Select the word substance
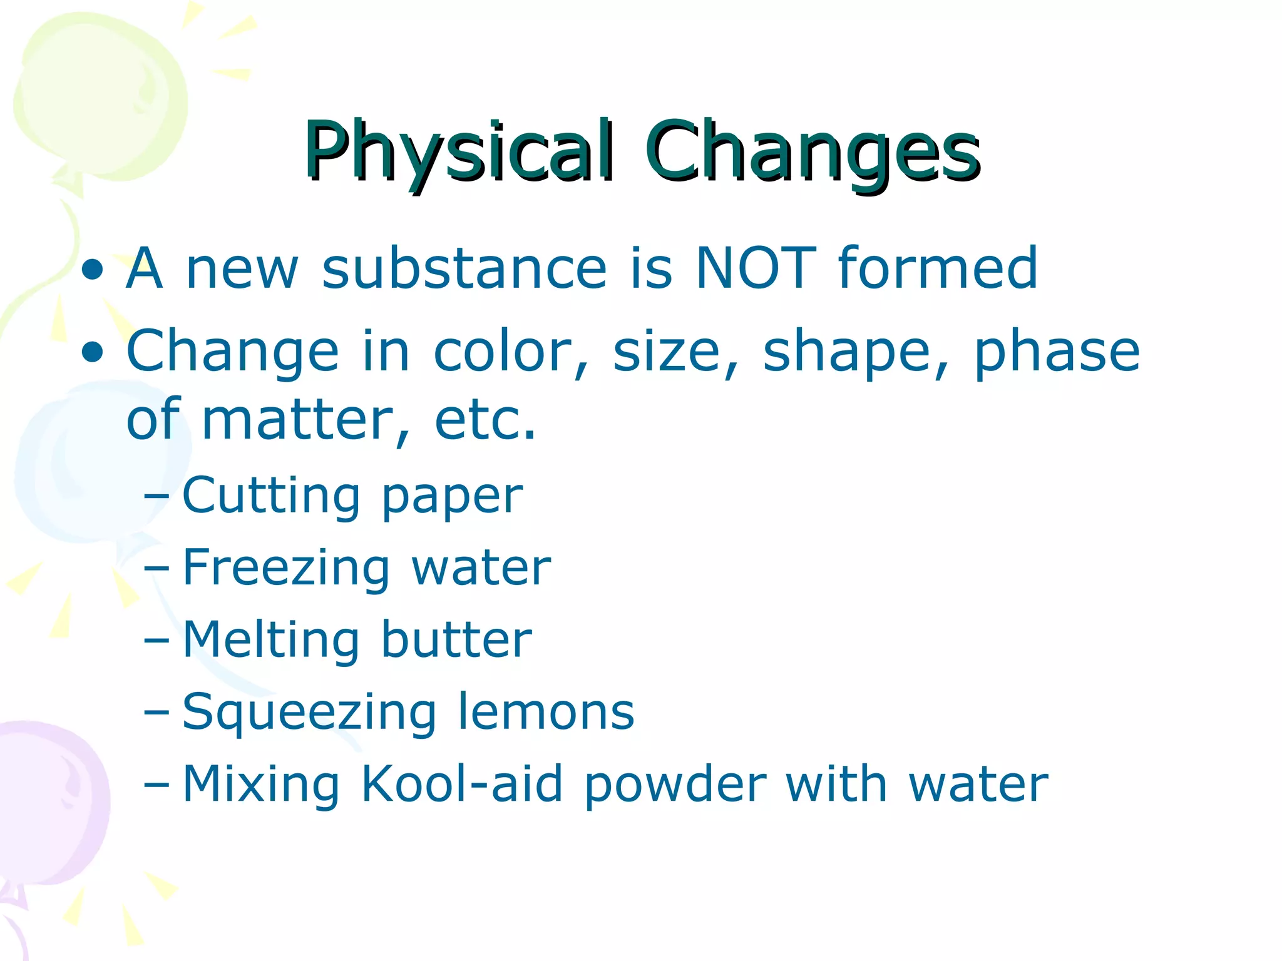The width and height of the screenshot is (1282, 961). pyautogui.click(x=464, y=268)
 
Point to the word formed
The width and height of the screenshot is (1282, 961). pyautogui.click(x=938, y=268)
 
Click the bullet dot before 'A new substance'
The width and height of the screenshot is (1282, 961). pyautogui.click(x=93, y=270)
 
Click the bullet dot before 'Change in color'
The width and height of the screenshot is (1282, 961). pyautogui.click(x=93, y=352)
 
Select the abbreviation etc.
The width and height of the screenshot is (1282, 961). pyautogui.click(x=485, y=420)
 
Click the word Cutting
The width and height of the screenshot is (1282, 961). pyautogui.click(x=270, y=496)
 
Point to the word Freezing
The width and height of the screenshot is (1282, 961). pyautogui.click(x=285, y=568)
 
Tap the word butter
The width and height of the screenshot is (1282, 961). pyautogui.click(x=456, y=639)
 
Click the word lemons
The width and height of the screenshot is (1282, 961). pyautogui.click(x=546, y=712)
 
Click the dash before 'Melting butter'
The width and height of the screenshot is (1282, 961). pyautogui.click(x=156, y=642)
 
